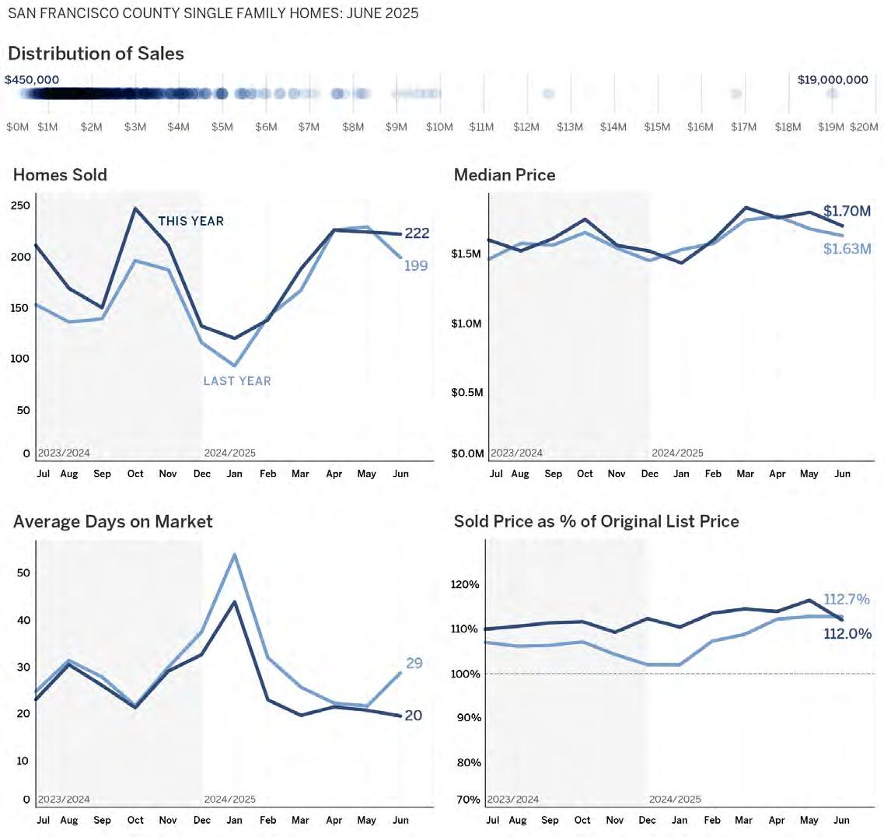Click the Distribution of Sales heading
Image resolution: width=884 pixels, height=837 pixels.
96,54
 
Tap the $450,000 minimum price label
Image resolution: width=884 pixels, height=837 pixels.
32,79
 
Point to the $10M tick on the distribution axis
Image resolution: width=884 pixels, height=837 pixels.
439,127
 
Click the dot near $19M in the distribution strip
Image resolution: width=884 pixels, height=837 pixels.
832,93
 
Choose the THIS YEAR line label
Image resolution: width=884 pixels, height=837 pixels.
190,222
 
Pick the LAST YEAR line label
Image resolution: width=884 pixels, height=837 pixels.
237,381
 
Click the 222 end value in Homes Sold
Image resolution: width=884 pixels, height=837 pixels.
417,233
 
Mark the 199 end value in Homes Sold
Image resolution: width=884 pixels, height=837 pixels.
416,266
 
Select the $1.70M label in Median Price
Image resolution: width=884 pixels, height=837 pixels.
847,211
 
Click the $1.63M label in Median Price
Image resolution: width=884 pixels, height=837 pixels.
847,249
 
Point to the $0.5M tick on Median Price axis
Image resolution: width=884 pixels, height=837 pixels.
467,393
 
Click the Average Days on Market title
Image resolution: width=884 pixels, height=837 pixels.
113,521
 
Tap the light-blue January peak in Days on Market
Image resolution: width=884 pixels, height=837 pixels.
234,555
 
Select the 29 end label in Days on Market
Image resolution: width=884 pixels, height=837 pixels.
414,664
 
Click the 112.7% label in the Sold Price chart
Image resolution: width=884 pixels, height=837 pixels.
847,600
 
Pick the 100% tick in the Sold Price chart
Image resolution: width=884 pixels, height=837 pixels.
467,674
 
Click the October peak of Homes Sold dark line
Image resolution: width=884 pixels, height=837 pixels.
135,208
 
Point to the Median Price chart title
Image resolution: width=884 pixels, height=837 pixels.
505,175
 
